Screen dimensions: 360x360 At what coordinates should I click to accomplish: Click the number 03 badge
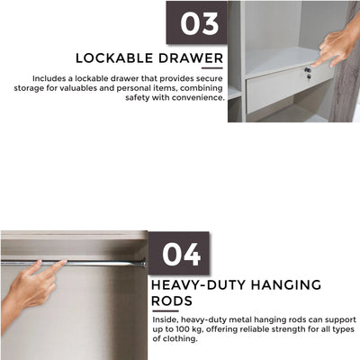(x=196, y=22)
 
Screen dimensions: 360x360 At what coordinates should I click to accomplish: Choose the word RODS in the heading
(x=172, y=301)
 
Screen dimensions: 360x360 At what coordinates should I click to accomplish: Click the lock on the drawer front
(x=307, y=69)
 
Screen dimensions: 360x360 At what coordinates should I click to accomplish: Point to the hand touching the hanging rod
(x=31, y=288)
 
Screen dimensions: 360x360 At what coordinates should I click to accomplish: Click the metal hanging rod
(x=99, y=263)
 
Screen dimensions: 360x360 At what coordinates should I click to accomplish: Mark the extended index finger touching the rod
(x=54, y=266)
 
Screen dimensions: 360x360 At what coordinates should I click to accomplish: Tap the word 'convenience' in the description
(x=195, y=97)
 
